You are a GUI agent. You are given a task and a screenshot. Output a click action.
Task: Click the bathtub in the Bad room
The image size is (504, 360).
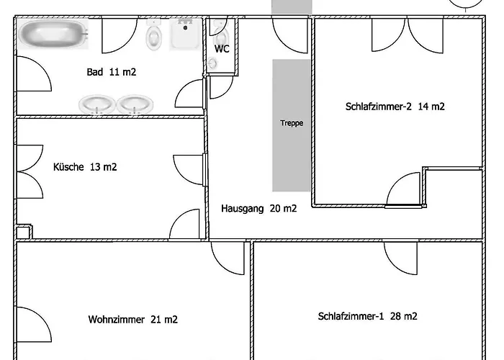pyautogui.click(x=53, y=33)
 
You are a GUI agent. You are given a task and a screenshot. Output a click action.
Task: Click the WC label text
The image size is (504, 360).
pyautogui.click(x=222, y=49)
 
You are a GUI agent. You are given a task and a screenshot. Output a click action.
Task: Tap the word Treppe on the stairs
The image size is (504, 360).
pyautogui.click(x=292, y=123)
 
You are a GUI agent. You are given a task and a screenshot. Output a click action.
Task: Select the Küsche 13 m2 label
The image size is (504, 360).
pyautogui.click(x=85, y=167)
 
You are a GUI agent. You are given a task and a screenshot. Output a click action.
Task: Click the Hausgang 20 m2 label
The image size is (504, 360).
pyautogui.click(x=258, y=209)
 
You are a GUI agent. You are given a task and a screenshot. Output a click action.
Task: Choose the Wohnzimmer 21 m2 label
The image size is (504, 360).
pyautogui.click(x=132, y=319)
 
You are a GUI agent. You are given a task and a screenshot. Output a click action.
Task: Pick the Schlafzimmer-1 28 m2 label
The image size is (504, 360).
pyautogui.click(x=367, y=316)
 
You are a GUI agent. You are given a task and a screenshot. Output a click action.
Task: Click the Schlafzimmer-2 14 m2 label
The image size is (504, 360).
pyautogui.click(x=395, y=107)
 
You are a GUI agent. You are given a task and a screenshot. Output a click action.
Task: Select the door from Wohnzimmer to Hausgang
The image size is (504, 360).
pyautogui.click(x=228, y=256)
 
